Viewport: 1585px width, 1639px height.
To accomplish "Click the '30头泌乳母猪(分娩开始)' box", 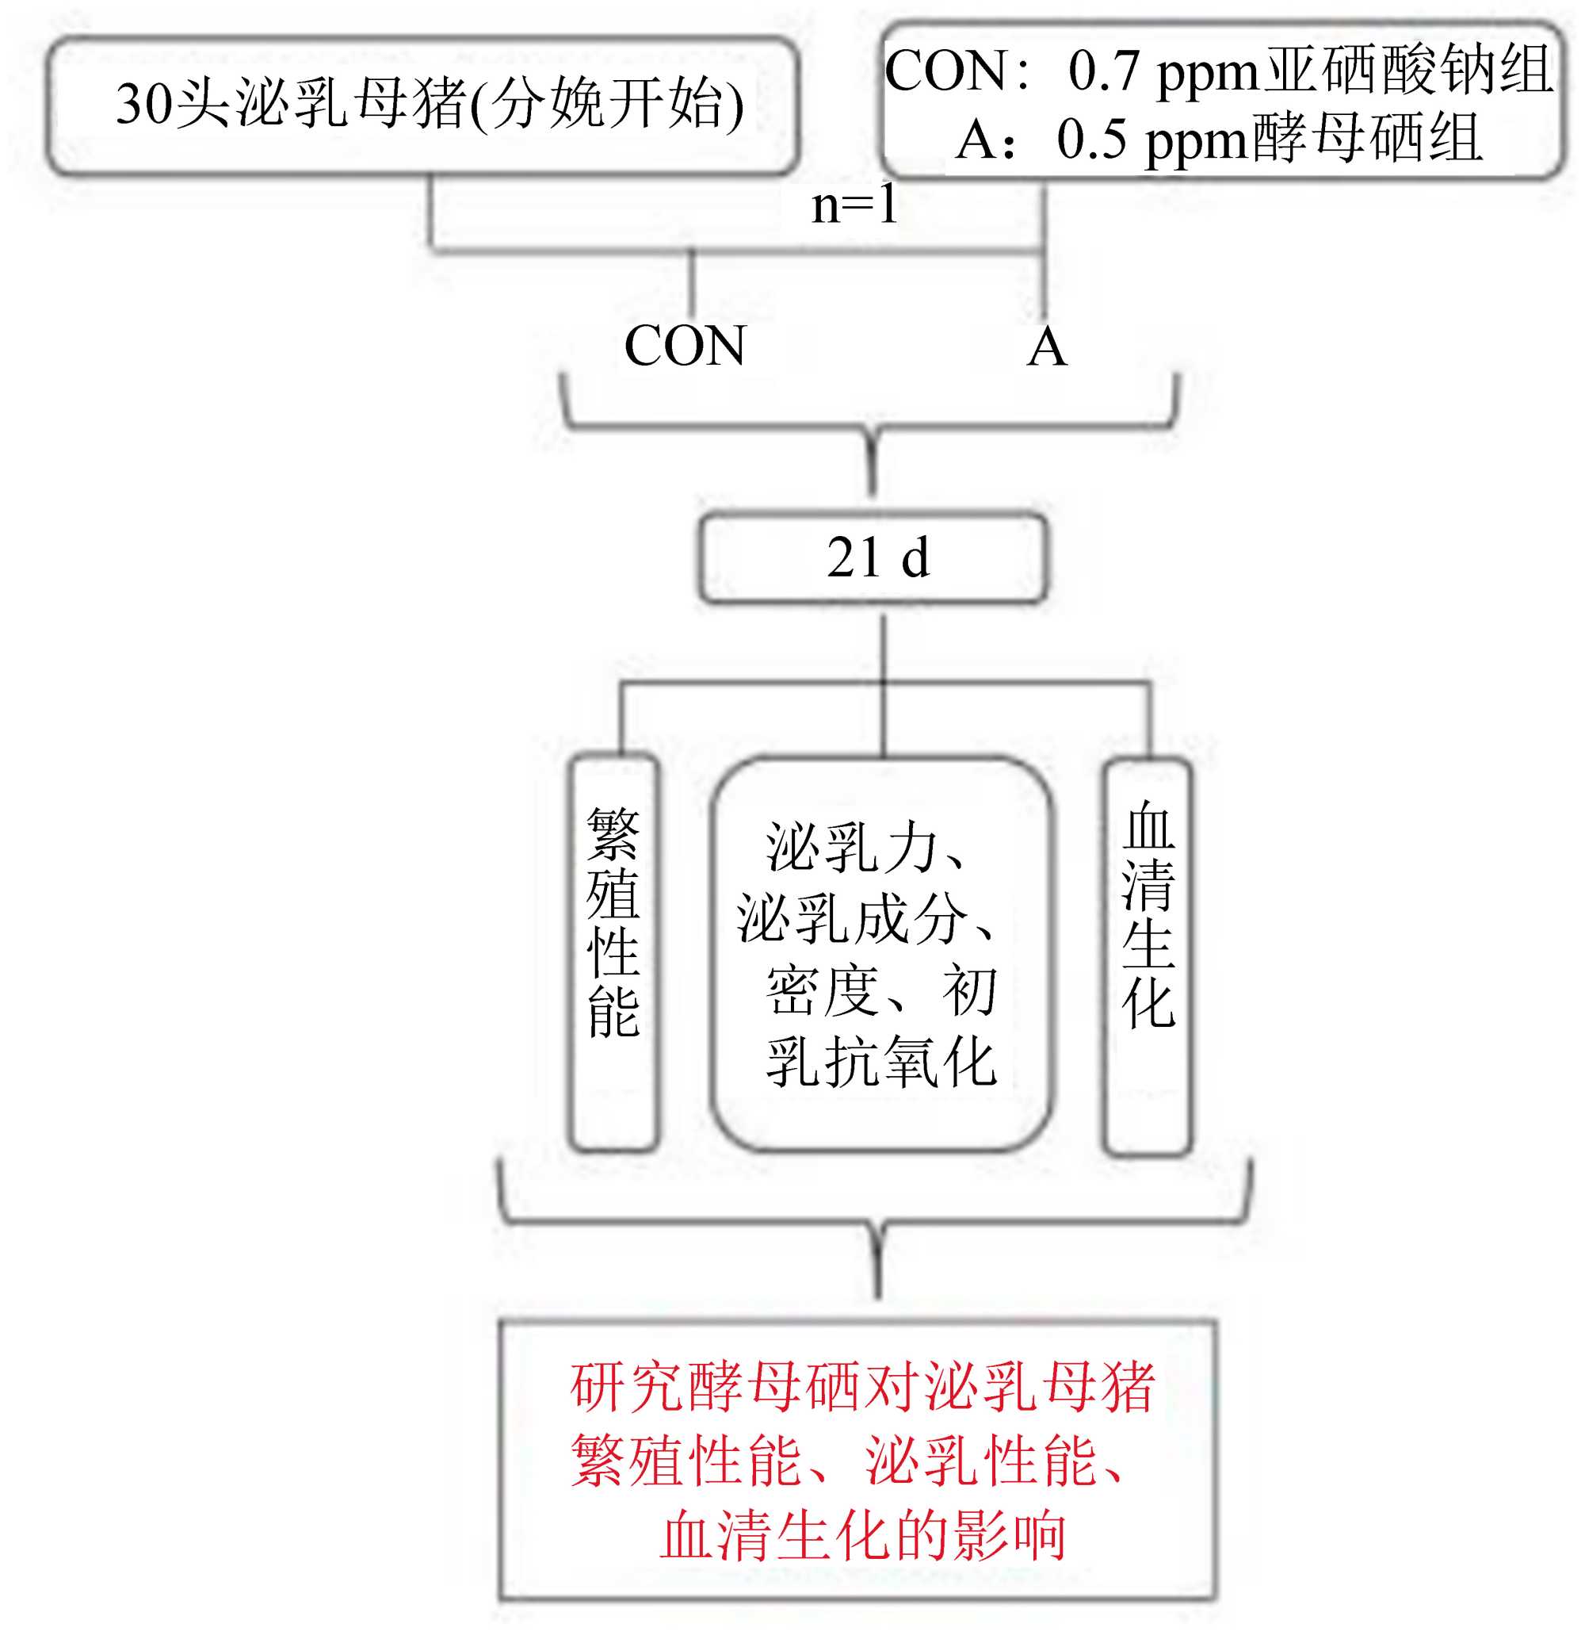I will pyautogui.click(x=423, y=105).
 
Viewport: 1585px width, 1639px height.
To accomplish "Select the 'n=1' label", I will pyautogui.click(x=854, y=204).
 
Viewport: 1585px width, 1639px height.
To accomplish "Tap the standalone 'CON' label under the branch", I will pyautogui.click(x=685, y=346).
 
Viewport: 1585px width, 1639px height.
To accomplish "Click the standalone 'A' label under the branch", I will pyautogui.click(x=1047, y=347).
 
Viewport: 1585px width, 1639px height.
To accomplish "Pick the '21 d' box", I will pyautogui.click(x=873, y=557).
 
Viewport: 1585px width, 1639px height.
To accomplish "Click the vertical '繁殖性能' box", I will pyautogui.click(x=613, y=953).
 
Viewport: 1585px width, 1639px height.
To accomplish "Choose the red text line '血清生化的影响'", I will pyautogui.click(x=862, y=1535).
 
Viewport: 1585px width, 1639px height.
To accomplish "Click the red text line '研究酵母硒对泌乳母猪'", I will pyautogui.click(x=862, y=1387).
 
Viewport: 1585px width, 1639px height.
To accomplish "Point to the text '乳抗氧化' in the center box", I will pyautogui.click(x=881, y=1062).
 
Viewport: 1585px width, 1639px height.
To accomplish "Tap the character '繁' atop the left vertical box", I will pyautogui.click(x=613, y=834).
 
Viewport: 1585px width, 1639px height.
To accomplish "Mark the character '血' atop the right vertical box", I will pyautogui.click(x=1148, y=826).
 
